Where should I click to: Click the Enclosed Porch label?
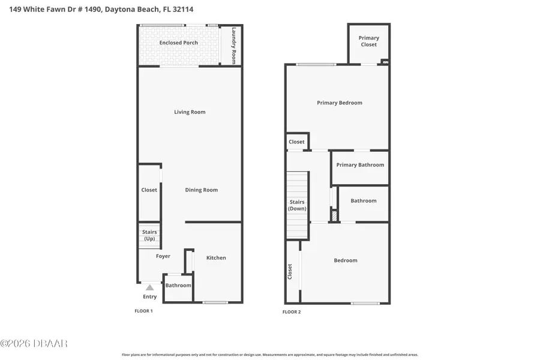pos(178,43)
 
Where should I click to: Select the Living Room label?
pos(190,112)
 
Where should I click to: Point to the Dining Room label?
pos(201,190)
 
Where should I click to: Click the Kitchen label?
pos(216,258)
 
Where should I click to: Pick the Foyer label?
pos(163,256)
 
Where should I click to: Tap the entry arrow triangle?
pos(149,287)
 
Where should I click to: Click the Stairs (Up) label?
pos(149,235)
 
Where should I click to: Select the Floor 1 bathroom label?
pos(178,286)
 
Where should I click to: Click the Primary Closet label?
pos(368,41)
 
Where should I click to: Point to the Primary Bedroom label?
pos(340,103)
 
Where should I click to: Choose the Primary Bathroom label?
pos(360,165)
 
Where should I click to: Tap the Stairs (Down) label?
pos(297,205)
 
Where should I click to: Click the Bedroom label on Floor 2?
pos(346,260)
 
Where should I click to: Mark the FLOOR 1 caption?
pos(143,311)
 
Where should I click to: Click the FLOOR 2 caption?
pos(292,312)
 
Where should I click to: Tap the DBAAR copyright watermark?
pos(34,344)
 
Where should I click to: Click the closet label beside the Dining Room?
pos(149,190)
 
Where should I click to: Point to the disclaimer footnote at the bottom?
pos(270,355)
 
